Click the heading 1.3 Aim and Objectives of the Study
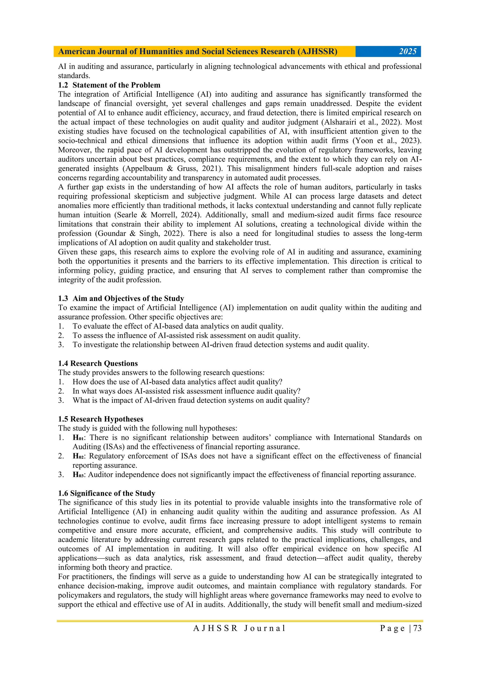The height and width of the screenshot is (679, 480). coord(121,298)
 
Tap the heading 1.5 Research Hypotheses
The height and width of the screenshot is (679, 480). coord(101,419)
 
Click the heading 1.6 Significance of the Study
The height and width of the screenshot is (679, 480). coord(106,493)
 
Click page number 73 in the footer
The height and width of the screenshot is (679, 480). coord(417,628)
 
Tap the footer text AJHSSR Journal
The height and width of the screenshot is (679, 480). coord(239,628)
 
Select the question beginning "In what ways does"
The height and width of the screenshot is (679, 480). coord(186,391)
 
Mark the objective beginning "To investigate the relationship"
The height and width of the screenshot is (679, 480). coord(221,345)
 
